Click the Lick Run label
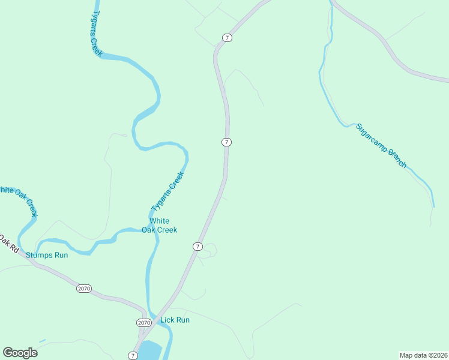pyautogui.click(x=175, y=320)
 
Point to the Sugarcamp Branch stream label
pyautogui.click(x=381, y=146)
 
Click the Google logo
pyautogui.click(x=20, y=353)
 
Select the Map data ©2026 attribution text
pyautogui.click(x=423, y=355)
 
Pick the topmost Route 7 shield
pyautogui.click(x=226, y=38)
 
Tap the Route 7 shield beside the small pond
pyautogui.click(x=132, y=355)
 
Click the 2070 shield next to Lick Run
pyautogui.click(x=144, y=323)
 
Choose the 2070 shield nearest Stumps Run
pyautogui.click(x=84, y=289)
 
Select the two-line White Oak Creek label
pyautogui.click(x=160, y=225)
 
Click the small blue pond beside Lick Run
pyautogui.click(x=150, y=350)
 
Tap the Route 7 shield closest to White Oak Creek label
pyautogui.click(x=197, y=247)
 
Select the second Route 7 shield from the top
pyautogui.click(x=226, y=142)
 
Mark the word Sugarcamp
pyautogui.click(x=372, y=138)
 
